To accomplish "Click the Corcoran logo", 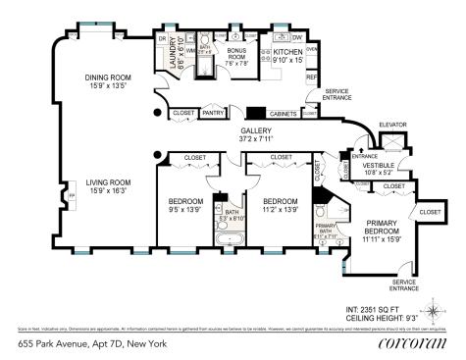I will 412,344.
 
